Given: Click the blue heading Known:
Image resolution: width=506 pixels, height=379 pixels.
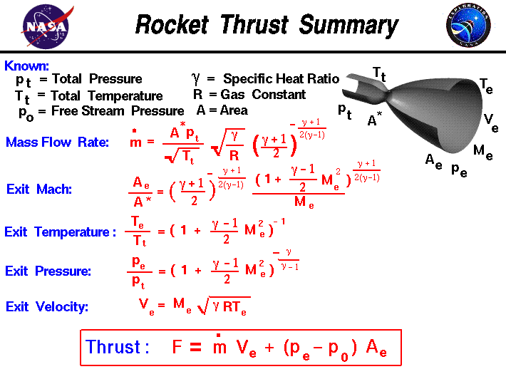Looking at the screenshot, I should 26,66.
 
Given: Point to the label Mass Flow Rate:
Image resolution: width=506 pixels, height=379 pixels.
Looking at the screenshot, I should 58,142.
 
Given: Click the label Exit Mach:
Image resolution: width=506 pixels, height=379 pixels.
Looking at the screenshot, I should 38,189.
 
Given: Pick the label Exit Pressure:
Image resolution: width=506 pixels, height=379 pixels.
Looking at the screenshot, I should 48,271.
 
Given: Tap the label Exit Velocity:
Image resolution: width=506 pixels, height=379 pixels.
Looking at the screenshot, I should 47,307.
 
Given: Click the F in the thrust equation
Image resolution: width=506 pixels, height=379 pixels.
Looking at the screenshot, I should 178,348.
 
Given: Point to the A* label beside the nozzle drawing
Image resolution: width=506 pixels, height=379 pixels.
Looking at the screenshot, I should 375,121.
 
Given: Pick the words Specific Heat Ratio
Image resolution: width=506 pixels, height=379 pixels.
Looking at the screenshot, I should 281,79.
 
